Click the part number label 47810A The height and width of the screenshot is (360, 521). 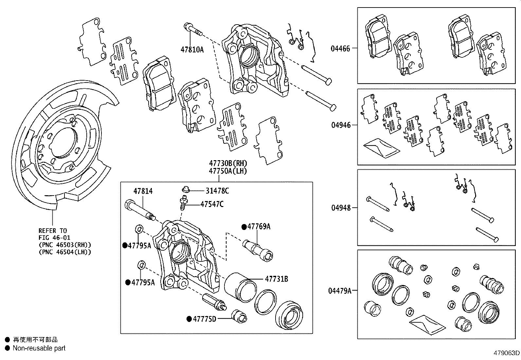[192, 50]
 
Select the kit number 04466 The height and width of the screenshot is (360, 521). [340, 49]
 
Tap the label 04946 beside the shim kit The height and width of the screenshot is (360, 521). [340, 125]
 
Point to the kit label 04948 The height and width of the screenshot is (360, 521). [340, 208]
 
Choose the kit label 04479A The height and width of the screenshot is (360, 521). [340, 291]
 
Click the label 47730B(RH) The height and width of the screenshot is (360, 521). [228, 163]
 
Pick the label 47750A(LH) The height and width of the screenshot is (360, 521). [228, 171]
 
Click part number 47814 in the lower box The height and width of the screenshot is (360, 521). [143, 191]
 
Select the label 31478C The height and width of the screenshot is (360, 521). [217, 191]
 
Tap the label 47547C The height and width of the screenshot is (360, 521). [212, 204]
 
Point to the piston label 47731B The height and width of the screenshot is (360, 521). [276, 279]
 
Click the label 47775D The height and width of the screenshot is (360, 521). [204, 319]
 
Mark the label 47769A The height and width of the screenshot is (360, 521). [259, 227]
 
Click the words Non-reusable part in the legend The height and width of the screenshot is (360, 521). [39, 349]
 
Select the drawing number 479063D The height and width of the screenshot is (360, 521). [507, 353]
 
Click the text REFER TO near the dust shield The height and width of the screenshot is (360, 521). [52, 231]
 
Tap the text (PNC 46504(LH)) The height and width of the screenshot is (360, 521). [64, 252]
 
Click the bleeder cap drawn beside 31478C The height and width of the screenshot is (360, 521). [186, 189]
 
